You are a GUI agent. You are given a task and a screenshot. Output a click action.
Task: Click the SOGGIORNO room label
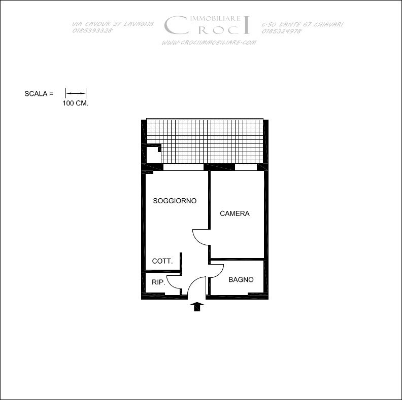pyautogui.click(x=175, y=201)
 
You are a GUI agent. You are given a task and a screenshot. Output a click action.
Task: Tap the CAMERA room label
pyautogui.click(x=234, y=213)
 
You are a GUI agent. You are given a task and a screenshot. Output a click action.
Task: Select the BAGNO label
pyautogui.click(x=241, y=280)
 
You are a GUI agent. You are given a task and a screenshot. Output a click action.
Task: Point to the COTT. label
pyautogui.click(x=162, y=261)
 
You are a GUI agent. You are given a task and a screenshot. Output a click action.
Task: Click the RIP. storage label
pyautogui.click(x=158, y=282)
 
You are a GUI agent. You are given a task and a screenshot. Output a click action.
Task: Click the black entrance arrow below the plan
pyautogui.click(x=197, y=307)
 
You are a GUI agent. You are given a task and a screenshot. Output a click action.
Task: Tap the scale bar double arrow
pyautogui.click(x=76, y=93)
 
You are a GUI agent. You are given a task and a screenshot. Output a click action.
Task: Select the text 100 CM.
pyautogui.click(x=75, y=103)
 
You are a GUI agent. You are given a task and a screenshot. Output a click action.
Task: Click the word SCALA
pyautogui.click(x=36, y=94)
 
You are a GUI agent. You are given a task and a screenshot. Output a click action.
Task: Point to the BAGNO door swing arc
pyautogui.click(x=220, y=273)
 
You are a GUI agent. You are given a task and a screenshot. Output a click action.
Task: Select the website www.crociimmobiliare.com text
pyautogui.click(x=209, y=43)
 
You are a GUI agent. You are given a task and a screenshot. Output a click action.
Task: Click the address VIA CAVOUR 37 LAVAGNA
pyautogui.click(x=113, y=24)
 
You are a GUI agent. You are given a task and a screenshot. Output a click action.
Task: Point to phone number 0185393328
pyautogui.click(x=92, y=30)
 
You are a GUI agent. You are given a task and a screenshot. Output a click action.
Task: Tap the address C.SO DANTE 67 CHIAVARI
pyautogui.click(x=303, y=24)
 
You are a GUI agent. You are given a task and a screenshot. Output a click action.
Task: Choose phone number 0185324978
pyautogui.click(x=282, y=31)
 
